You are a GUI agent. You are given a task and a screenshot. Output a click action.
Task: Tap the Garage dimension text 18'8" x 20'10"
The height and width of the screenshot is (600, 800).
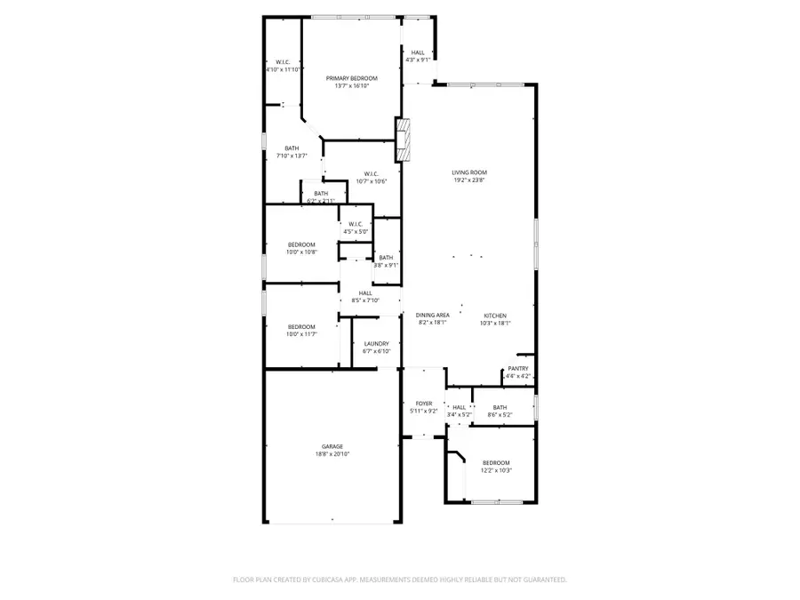[x=332, y=454]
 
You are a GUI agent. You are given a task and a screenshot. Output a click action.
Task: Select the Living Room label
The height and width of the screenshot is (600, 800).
[x=468, y=172]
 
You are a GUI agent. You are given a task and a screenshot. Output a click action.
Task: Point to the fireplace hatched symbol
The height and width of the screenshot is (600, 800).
[x=404, y=140]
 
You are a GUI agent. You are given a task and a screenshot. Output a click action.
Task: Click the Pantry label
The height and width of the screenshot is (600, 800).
[x=517, y=368]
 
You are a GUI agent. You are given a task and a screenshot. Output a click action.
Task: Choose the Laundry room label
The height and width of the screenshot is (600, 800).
[x=376, y=343]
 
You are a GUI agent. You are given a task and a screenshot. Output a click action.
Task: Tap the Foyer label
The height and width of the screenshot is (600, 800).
[x=423, y=404]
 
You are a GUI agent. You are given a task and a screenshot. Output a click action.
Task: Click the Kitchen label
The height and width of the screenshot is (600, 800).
[x=495, y=316]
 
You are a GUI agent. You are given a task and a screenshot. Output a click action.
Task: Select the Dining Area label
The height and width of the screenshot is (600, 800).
[x=433, y=316]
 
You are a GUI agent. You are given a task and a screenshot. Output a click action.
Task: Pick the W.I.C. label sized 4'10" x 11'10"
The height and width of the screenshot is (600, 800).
[x=284, y=61]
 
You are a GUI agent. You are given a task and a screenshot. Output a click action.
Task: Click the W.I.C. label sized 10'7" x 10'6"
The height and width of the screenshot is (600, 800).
[x=371, y=173]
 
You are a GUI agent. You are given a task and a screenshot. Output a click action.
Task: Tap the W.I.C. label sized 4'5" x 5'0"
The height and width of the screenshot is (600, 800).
[x=356, y=224]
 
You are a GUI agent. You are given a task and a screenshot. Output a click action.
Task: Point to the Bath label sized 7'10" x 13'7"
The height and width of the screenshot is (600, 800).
[x=292, y=148]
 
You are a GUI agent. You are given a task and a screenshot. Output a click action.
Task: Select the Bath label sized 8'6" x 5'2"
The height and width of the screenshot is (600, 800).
[x=500, y=408]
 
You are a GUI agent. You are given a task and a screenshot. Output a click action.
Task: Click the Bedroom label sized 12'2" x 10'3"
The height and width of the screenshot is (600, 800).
[x=496, y=462]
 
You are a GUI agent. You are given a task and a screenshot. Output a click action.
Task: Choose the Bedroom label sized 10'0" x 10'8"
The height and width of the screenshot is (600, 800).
[x=301, y=244]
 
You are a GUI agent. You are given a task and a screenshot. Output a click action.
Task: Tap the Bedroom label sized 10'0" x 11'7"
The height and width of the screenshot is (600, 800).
[x=301, y=326]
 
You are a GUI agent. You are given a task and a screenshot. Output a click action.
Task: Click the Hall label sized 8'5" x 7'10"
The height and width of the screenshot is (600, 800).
[x=365, y=292]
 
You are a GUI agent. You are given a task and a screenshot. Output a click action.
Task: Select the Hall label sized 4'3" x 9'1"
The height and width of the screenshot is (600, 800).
[x=417, y=52]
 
